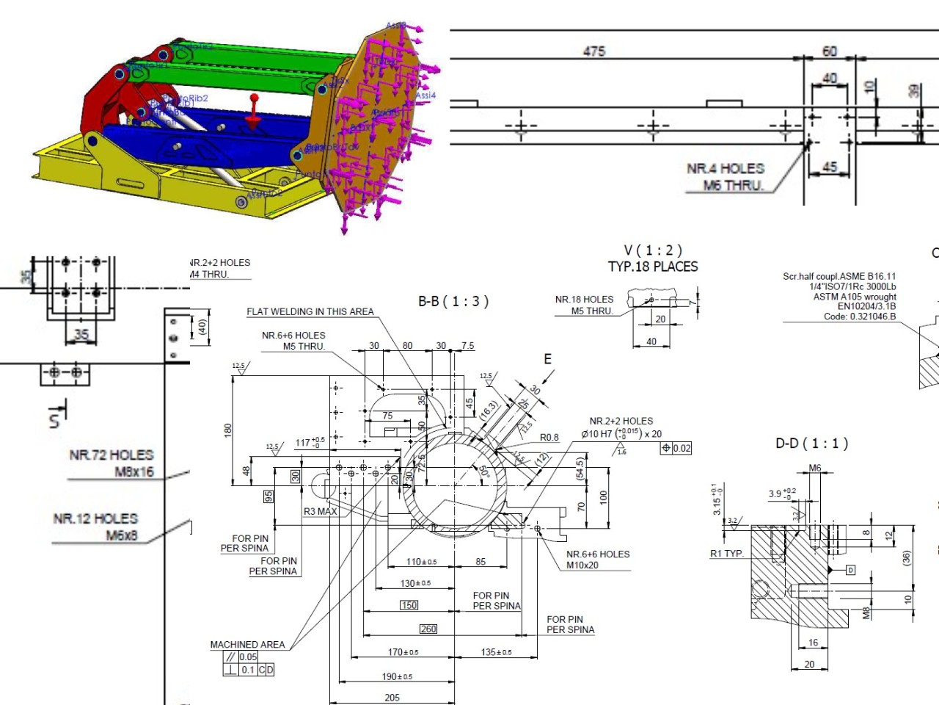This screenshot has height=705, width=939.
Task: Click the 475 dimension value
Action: point(594,51)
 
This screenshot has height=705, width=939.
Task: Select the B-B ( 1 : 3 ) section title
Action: point(453,301)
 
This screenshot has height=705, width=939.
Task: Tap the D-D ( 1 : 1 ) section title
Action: point(811,444)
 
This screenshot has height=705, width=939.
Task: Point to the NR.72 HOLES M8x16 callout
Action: point(112,463)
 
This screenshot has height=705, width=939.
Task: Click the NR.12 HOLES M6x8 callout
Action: point(95,527)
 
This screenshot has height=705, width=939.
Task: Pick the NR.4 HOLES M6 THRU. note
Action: point(726,177)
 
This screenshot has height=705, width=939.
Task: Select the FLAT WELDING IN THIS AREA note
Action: point(310,312)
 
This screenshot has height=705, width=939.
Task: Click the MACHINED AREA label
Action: point(247,645)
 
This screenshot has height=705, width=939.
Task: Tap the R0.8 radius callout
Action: point(549,438)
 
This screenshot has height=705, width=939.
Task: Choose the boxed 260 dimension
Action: point(428,629)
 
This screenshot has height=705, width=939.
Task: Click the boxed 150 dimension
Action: point(409,605)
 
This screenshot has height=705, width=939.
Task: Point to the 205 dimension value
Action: point(392,698)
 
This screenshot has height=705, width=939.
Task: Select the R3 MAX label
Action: point(321,511)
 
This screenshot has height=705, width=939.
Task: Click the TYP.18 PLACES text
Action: point(653,267)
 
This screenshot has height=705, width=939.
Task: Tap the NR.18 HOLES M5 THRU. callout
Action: point(584,305)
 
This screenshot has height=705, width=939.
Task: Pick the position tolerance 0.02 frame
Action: point(676,448)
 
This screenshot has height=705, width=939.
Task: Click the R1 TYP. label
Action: point(727,554)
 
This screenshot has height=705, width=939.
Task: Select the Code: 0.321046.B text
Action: point(859,317)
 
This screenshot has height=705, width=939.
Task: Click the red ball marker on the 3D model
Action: point(255,98)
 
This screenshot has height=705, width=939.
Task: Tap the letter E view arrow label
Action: point(547,359)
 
